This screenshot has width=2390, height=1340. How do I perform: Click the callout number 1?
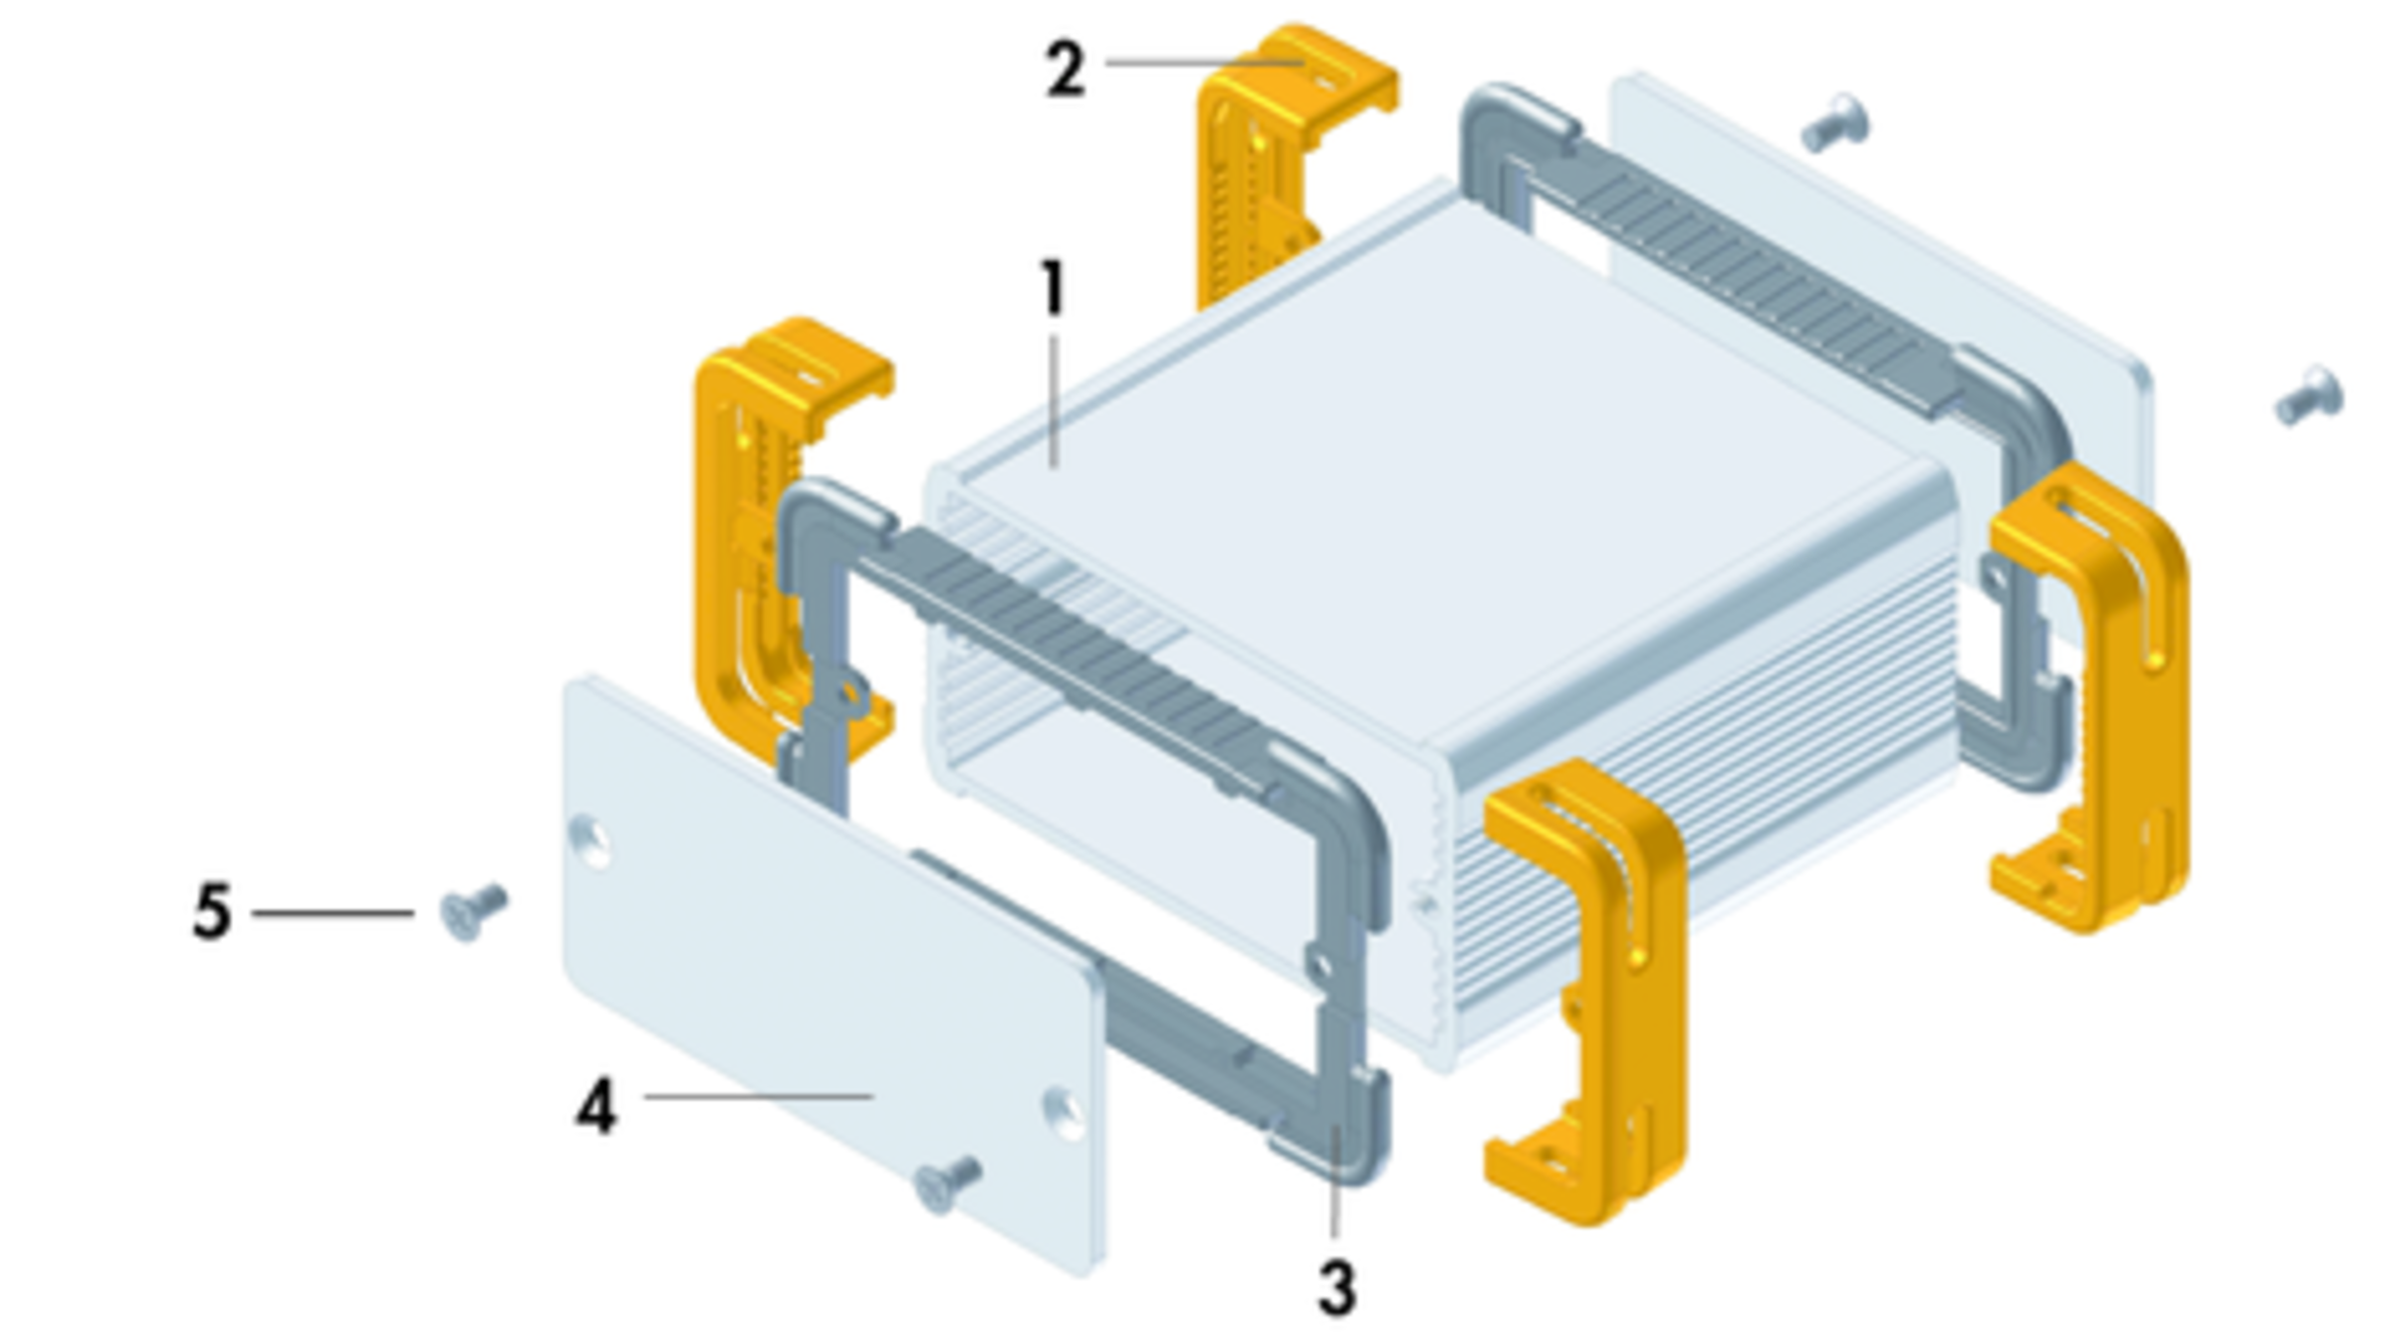(x=1053, y=289)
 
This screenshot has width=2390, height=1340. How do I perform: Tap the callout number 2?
(x=1066, y=68)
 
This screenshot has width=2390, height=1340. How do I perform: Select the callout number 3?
(x=1337, y=1288)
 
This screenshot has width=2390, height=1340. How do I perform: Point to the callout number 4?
(x=597, y=1106)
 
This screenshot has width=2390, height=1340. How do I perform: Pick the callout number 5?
(x=212, y=911)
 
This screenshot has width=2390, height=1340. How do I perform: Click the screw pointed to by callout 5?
(x=473, y=911)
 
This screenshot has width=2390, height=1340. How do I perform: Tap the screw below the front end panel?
(x=947, y=1184)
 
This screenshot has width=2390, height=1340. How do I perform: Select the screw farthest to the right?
(x=2309, y=395)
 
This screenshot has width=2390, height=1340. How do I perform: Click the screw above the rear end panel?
(x=1835, y=123)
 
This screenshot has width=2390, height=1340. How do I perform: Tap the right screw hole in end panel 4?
(x=1065, y=1113)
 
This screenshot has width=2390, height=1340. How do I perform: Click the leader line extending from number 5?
(x=333, y=912)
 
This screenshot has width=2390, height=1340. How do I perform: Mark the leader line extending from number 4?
(x=759, y=1096)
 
